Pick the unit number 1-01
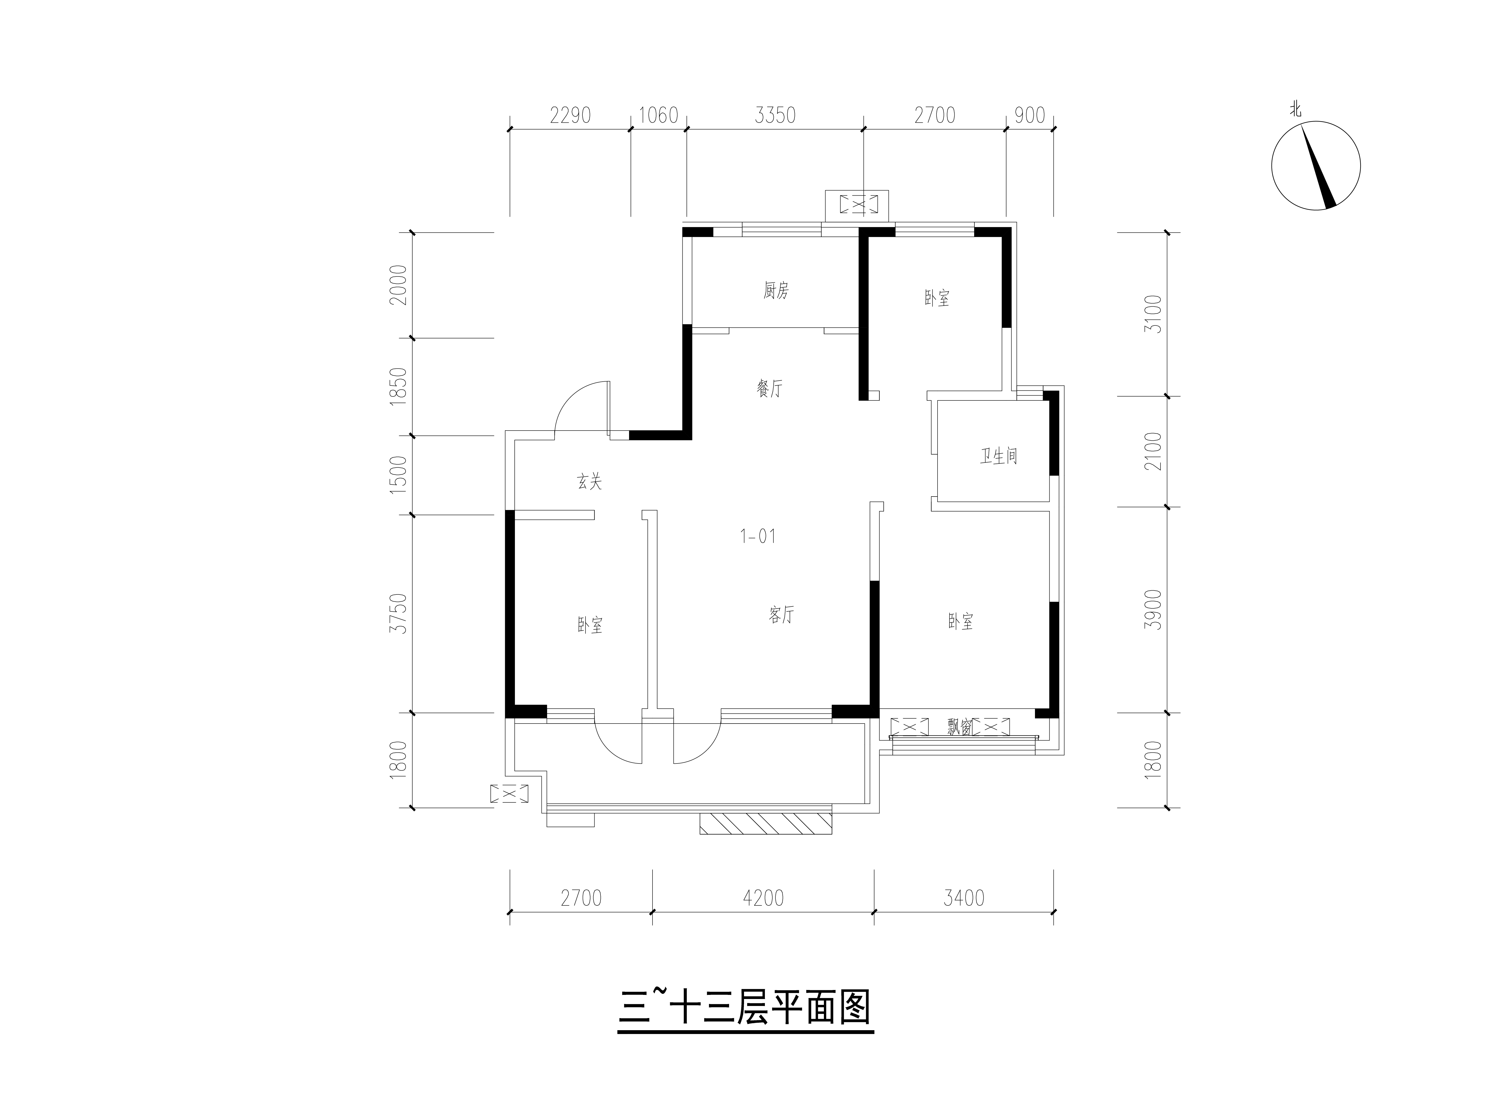tap(758, 536)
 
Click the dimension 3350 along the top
tap(775, 115)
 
